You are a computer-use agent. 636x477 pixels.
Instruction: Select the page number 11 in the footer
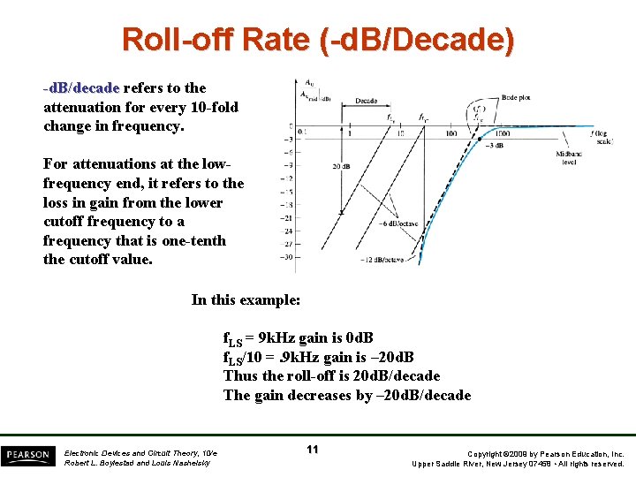pos(313,450)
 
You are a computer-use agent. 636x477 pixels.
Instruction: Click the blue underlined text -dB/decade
pos(81,88)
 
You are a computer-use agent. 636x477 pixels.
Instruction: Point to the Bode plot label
pos(517,97)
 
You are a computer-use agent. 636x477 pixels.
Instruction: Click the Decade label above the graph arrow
pos(367,102)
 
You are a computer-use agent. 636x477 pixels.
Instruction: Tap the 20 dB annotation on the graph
pos(343,165)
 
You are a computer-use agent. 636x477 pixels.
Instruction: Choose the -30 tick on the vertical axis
pos(286,257)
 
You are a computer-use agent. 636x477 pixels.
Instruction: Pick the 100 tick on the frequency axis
pos(451,133)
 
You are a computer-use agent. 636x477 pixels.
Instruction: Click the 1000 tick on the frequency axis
pos(503,133)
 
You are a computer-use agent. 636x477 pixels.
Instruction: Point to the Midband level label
pos(569,158)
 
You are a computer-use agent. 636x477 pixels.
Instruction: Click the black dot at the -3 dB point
pos(481,140)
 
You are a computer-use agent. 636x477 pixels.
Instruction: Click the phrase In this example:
pos(246,299)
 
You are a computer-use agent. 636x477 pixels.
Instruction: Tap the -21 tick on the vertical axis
pos(286,218)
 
